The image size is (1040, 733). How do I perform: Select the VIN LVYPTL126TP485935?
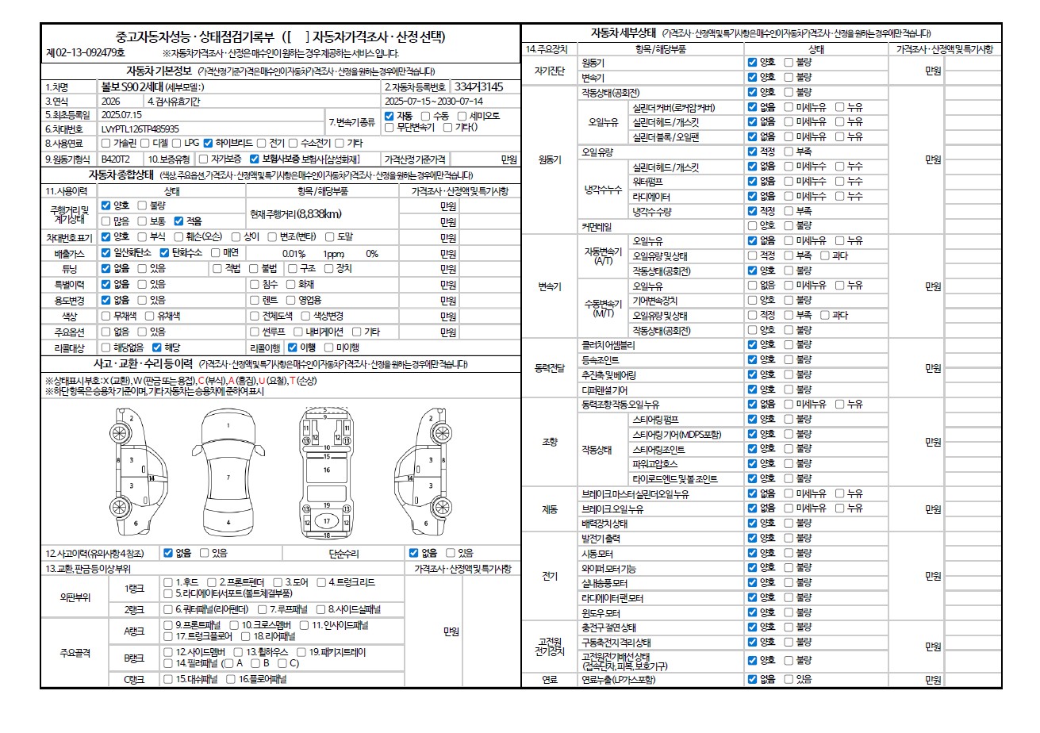pos(141,129)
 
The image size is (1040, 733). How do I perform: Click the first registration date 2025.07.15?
pos(122,114)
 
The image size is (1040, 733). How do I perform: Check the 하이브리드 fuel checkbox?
pos(209,144)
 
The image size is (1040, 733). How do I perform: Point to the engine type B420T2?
pos(116,159)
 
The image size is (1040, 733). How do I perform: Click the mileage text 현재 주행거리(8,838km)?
pos(296,213)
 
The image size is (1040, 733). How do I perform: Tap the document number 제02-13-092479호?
pos(86,53)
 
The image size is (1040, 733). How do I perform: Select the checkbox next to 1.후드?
pos(168,582)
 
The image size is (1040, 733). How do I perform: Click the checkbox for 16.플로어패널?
pos(232,679)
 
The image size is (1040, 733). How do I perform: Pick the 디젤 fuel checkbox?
pos(145,144)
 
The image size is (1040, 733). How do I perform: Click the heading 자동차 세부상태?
pos(624,33)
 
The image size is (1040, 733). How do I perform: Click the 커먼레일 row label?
pos(597,226)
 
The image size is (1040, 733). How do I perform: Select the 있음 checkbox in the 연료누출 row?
pos(789,679)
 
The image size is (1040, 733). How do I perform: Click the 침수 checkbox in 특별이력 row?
pos(255,284)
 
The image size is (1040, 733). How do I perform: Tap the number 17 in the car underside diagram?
pos(326,521)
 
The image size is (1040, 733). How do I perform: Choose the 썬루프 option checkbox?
pos(255,332)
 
